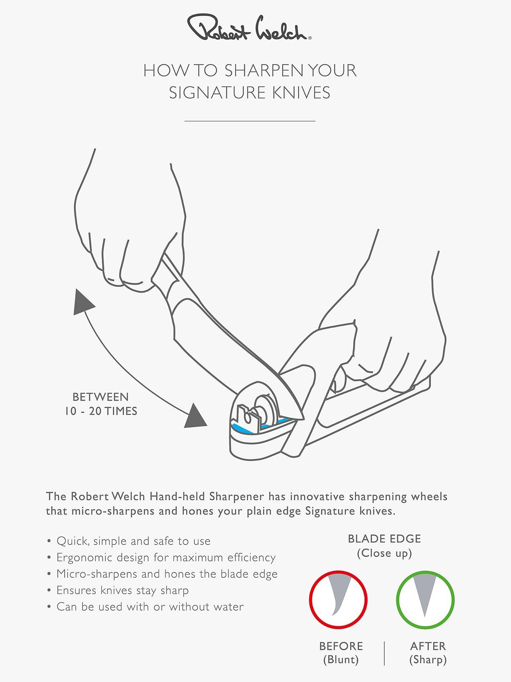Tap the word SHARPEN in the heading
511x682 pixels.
[263, 71]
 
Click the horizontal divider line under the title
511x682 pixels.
[250, 121]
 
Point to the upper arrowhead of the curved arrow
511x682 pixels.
[83, 302]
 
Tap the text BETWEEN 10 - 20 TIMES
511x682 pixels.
[101, 404]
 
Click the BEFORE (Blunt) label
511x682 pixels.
[341, 653]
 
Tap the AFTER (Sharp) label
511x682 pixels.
[428, 653]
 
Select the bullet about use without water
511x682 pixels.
[146, 607]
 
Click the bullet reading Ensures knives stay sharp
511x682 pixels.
[118, 590]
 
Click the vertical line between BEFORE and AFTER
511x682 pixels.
[385, 653]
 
